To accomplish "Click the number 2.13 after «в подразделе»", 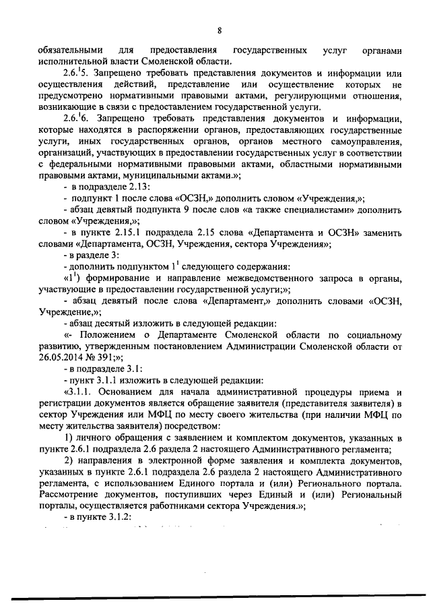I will click(139, 186).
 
